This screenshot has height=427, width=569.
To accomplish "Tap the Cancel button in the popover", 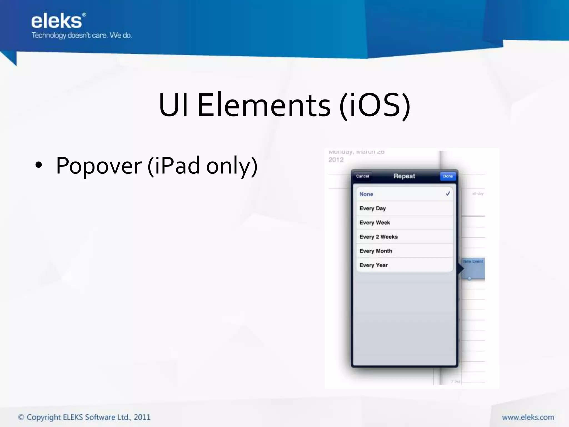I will (x=362, y=176).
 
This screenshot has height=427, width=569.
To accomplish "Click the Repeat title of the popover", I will (x=404, y=176).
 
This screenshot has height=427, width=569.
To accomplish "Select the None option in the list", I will (x=366, y=194).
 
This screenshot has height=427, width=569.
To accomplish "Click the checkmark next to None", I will (x=448, y=194).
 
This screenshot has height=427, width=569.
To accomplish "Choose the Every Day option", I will (x=373, y=208).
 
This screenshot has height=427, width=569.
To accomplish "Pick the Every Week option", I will (x=375, y=223).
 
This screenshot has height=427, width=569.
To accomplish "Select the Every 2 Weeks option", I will (x=378, y=237).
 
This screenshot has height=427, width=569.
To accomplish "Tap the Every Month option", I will (x=376, y=251).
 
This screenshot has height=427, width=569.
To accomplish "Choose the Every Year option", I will (x=373, y=265).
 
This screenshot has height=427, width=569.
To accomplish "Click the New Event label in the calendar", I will (x=473, y=261).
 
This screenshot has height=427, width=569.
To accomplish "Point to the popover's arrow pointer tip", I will (x=463, y=269).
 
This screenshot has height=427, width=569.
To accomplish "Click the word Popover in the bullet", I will (x=99, y=166).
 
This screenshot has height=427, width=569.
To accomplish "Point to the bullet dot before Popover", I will (x=39, y=165).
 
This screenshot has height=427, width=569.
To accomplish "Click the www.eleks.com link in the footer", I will (x=528, y=417).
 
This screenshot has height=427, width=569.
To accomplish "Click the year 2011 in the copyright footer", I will (x=142, y=417).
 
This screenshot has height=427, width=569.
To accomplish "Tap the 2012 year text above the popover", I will (x=336, y=160).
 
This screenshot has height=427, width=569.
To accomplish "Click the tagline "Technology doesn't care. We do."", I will (x=81, y=36).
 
